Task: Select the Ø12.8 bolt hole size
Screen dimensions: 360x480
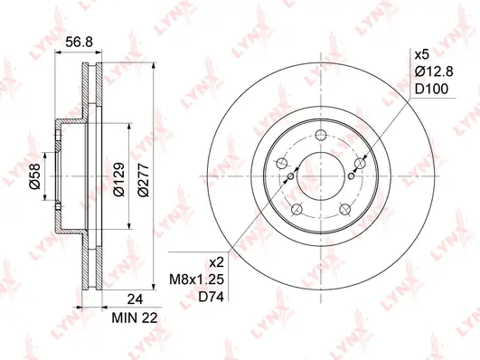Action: click(x=430, y=71)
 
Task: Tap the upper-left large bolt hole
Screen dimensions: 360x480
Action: click(x=281, y=164)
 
